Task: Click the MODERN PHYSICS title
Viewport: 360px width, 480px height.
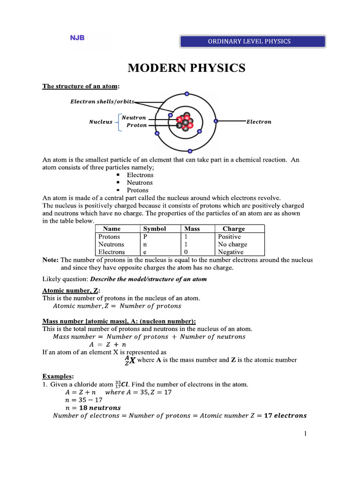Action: (x=187, y=68)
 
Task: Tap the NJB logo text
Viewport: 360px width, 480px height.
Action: (x=77, y=38)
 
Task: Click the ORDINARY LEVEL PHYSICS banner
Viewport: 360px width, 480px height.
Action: (x=253, y=41)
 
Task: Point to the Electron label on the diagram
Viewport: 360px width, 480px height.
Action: (x=259, y=122)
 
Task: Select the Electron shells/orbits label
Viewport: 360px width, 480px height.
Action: (x=102, y=101)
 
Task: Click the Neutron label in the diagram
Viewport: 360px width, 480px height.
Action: (x=134, y=118)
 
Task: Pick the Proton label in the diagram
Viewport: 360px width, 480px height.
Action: (x=136, y=126)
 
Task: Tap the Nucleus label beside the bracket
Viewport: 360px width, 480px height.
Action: (x=101, y=122)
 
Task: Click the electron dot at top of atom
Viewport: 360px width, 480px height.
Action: (x=187, y=94)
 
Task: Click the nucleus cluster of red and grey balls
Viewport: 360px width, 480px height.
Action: (x=185, y=122)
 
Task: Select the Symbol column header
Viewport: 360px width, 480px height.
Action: (x=155, y=229)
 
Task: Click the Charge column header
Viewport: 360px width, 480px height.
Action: (x=233, y=229)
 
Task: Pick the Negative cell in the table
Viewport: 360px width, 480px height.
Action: (x=231, y=252)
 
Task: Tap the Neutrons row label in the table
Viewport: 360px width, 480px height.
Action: (x=111, y=244)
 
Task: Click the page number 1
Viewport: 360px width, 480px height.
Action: (x=305, y=434)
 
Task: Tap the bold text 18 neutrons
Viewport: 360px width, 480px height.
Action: (x=97, y=408)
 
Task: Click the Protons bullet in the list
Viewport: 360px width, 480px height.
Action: (x=138, y=190)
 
